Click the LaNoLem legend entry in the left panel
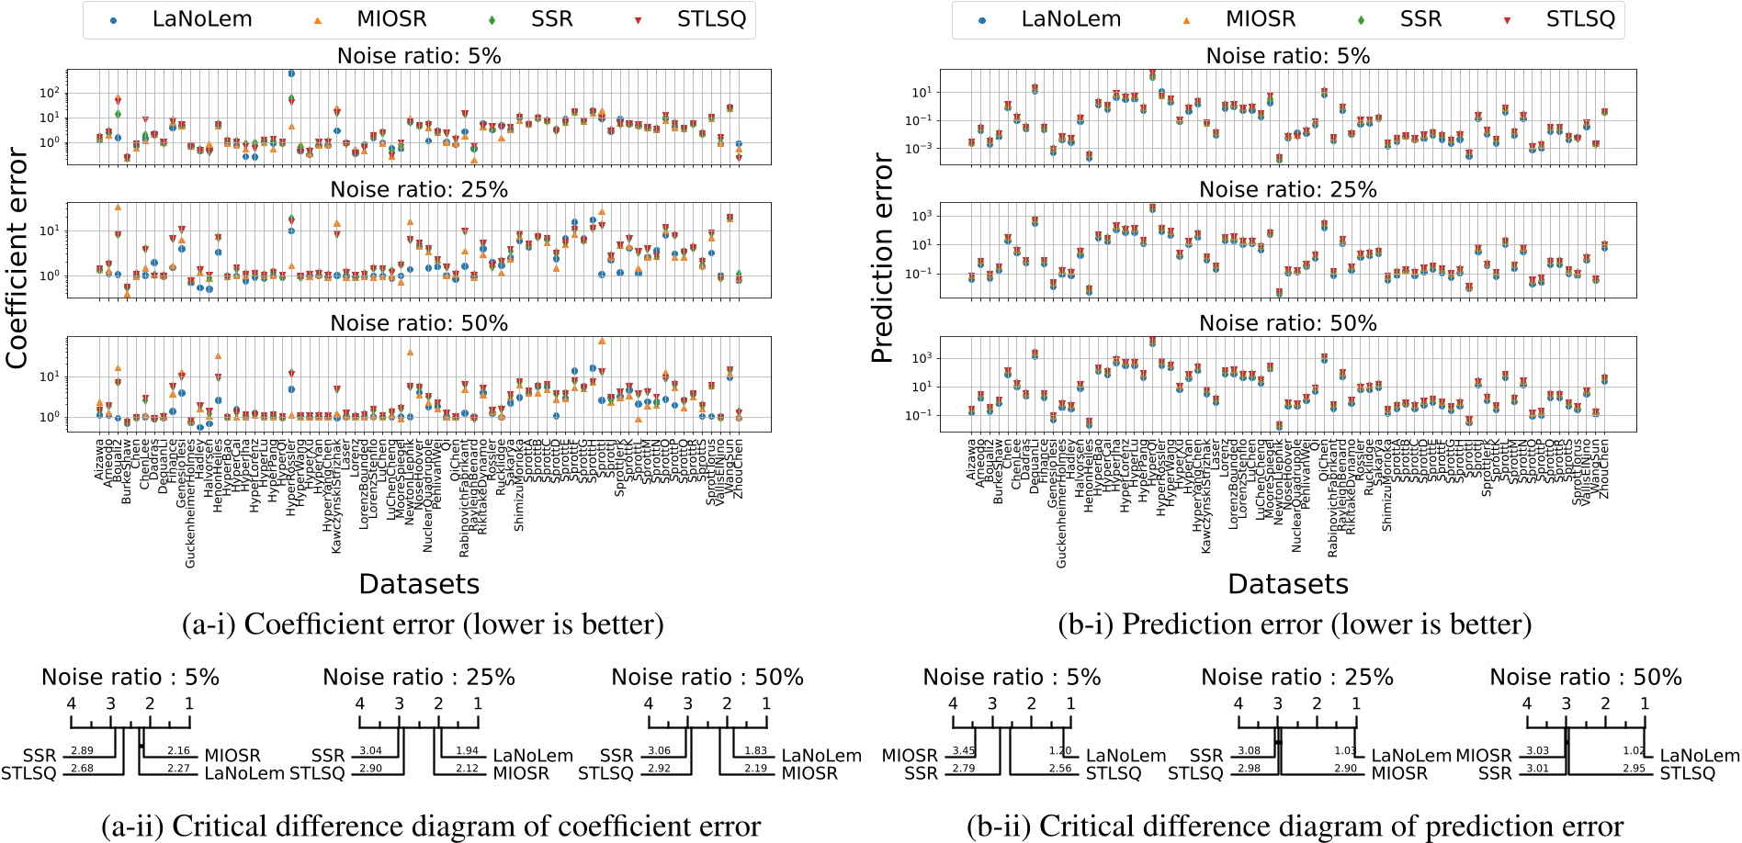tap(201, 19)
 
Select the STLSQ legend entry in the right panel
tap(1579, 19)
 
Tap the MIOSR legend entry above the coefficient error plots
tap(391, 19)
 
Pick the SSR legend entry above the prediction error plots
tap(1420, 19)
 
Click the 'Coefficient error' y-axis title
tap(17, 259)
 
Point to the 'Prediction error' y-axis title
tap(882, 259)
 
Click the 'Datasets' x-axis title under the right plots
tap(1287, 584)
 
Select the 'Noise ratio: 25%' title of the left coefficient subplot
tap(419, 190)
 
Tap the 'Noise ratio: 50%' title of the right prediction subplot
tap(1287, 323)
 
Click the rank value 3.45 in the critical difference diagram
tap(963, 751)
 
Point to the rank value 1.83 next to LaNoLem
tap(755, 751)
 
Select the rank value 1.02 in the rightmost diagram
tap(1633, 751)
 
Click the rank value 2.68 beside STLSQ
tap(82, 769)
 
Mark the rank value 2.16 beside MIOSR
tap(178, 751)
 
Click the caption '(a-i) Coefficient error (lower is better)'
tap(423, 624)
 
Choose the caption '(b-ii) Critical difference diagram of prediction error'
tap(1294, 826)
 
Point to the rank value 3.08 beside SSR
tap(1249, 751)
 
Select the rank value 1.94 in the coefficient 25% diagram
tap(467, 751)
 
